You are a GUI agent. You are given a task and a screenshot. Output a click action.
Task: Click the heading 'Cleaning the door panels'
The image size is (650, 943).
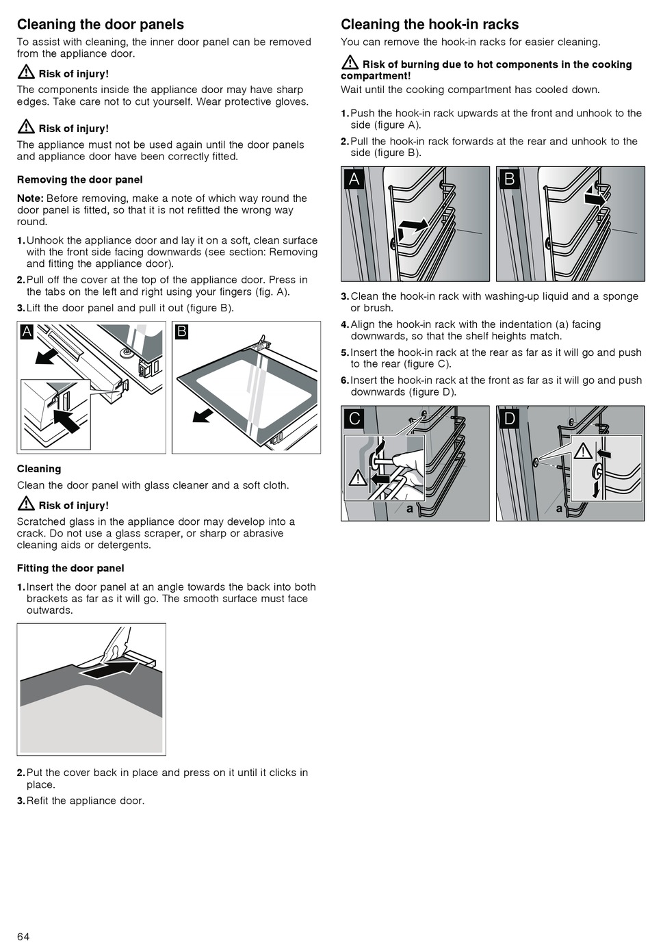[101, 25]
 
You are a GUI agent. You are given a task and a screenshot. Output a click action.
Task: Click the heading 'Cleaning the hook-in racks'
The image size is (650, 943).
[430, 25]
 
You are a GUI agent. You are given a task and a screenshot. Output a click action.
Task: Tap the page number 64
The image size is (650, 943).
[24, 936]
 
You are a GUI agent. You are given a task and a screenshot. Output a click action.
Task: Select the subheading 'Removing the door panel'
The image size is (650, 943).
[80, 180]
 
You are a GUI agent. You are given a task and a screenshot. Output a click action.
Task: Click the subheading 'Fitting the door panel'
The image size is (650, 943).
[70, 568]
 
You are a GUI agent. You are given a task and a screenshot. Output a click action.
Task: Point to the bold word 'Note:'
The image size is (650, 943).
[30, 198]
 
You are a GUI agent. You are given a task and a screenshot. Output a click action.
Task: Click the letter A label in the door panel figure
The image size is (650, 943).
[27, 332]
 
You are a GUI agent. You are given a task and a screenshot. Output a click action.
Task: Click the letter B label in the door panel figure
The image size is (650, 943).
[182, 332]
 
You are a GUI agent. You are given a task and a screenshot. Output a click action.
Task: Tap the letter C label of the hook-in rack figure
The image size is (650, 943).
[354, 418]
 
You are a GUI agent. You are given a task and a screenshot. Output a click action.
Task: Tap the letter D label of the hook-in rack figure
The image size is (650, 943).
[510, 418]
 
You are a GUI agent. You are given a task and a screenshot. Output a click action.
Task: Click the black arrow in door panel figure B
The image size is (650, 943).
[203, 415]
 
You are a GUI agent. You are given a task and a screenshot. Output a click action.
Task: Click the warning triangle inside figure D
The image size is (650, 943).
[583, 452]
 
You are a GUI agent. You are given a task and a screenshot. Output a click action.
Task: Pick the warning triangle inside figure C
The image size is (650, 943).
[358, 478]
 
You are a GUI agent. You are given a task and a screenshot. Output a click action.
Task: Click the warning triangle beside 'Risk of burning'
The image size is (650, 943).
[350, 63]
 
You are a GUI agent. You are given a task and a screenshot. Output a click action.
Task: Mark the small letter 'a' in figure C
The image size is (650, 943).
[410, 508]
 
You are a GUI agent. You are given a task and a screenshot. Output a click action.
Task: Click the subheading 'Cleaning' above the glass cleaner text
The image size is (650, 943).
[39, 469]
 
